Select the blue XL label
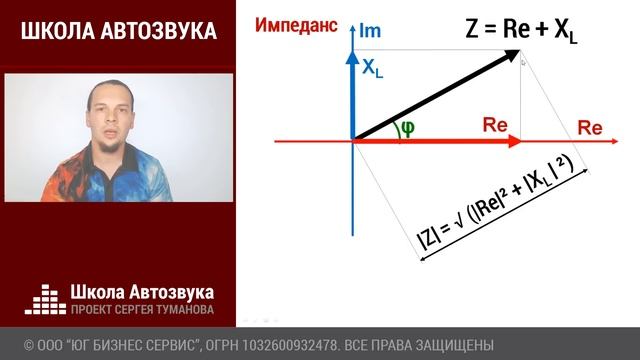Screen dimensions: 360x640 coord(372,69)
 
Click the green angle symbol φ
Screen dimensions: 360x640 coord(406,127)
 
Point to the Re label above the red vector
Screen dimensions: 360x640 coord(495,126)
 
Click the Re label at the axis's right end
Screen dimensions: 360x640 coord(589,129)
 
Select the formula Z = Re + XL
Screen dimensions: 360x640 coord(521,30)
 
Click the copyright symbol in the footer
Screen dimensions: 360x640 coord(29,345)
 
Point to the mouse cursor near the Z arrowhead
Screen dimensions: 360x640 coord(523,62)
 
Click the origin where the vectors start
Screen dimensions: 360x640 coord(352,141)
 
